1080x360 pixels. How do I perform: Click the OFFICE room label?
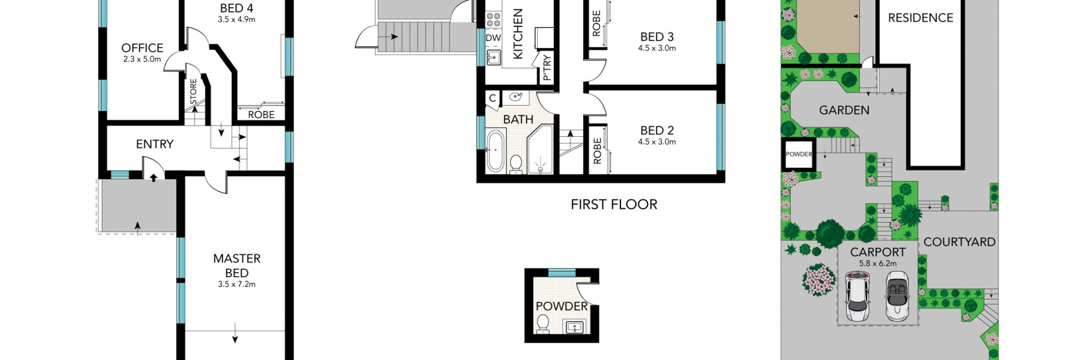pyautogui.click(x=142, y=48)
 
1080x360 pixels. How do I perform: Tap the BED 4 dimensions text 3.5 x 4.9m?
pyautogui.click(x=236, y=20)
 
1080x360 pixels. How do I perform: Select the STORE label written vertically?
pyautogui.click(x=193, y=91)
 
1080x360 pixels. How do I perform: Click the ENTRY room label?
pyautogui.click(x=155, y=144)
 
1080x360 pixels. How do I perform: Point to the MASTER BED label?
pyautogui.click(x=236, y=265)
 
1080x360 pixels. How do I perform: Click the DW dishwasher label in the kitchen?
pyautogui.click(x=493, y=38)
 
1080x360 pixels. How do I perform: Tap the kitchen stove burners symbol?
pyautogui.click(x=493, y=19)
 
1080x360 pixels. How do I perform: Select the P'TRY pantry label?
pyautogui.click(x=547, y=67)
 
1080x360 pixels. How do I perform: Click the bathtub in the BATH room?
pyautogui.click(x=496, y=151)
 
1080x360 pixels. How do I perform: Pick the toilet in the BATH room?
pyautogui.click(x=516, y=163)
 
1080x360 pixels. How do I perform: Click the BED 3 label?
pyautogui.click(x=657, y=37)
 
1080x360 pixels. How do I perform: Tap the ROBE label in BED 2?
pyautogui.click(x=597, y=151)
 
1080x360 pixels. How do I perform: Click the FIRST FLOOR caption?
pyautogui.click(x=614, y=205)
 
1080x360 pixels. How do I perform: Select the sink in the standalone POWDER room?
pyautogui.click(x=575, y=327)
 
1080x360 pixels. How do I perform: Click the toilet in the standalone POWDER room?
pyautogui.click(x=542, y=324)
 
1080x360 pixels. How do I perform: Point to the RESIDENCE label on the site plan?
pyautogui.click(x=920, y=18)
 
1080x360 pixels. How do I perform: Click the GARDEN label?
pyautogui.click(x=844, y=110)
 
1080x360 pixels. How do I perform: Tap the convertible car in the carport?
pyautogui.click(x=898, y=296)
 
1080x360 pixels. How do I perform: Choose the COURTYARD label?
pyautogui.click(x=959, y=242)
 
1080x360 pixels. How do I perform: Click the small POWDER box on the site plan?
pyautogui.click(x=799, y=154)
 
